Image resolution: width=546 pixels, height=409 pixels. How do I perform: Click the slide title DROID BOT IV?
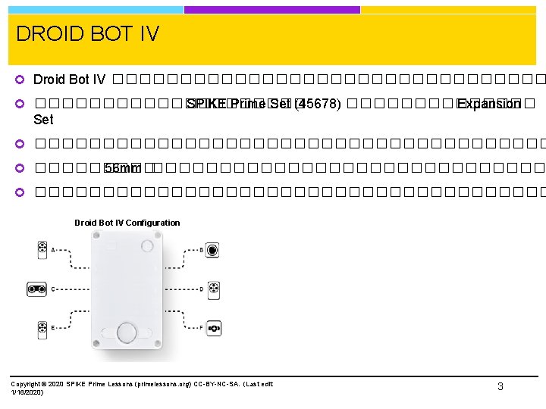(x=87, y=34)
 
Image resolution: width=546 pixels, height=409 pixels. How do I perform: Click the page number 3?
(x=500, y=386)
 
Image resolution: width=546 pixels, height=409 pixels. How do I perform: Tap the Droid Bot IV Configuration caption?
(x=127, y=223)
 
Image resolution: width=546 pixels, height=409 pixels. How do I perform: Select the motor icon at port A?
(x=42, y=249)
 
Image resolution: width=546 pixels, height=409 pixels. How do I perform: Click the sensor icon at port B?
(x=213, y=249)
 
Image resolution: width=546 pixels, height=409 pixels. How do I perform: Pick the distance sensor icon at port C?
(x=36, y=289)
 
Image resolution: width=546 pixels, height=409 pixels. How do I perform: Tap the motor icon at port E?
(x=42, y=329)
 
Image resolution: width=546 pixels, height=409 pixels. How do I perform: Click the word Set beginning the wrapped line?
(x=43, y=120)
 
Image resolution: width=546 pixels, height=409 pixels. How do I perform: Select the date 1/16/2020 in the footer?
(x=27, y=392)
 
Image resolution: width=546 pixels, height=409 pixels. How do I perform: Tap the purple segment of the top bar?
(x=271, y=10)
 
